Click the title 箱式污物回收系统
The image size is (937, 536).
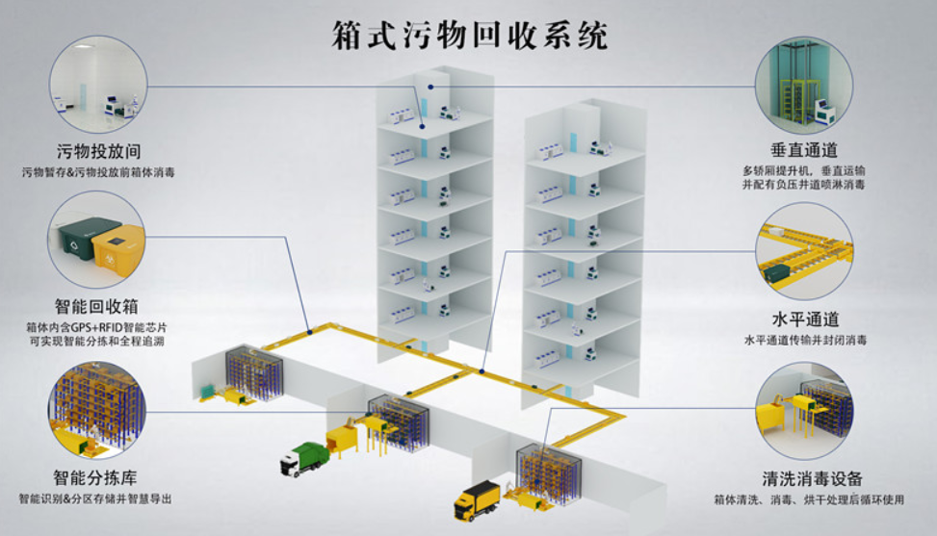click(470, 36)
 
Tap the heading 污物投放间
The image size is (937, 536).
click(98, 152)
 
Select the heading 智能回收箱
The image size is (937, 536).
click(97, 307)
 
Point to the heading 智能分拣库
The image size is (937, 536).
click(95, 477)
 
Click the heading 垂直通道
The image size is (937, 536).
click(804, 150)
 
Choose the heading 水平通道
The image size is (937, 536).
click(805, 319)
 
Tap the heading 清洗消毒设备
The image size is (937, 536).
click(812, 478)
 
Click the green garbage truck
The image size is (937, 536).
click(304, 459)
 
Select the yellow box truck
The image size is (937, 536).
click(477, 500)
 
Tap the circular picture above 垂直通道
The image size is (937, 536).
click(804, 85)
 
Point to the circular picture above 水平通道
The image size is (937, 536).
click(804, 251)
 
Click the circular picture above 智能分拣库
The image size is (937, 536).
click(97, 410)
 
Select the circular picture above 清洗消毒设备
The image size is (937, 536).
click(804, 411)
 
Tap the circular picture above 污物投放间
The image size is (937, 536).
click(98, 84)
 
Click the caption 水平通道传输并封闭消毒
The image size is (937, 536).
click(805, 341)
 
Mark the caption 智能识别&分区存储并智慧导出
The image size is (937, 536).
click(95, 499)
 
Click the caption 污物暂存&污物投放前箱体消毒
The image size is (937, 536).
click(98, 172)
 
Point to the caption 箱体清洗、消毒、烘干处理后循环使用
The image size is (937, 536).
click(809, 499)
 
